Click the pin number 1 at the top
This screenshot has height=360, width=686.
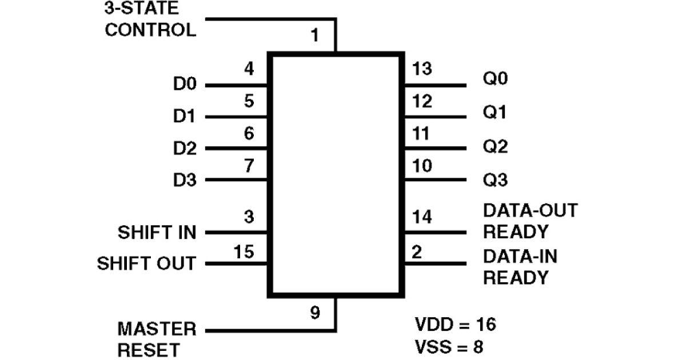point(314,37)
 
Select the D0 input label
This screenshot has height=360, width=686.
point(184,85)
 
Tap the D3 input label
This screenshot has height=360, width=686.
point(184,181)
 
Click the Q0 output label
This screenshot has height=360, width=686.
point(495,78)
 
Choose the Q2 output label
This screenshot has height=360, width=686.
point(495,148)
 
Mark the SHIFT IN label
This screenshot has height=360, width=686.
point(157,233)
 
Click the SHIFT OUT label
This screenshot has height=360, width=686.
point(146,264)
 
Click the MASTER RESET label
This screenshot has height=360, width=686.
point(157,339)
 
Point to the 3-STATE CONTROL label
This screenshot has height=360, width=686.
point(150,19)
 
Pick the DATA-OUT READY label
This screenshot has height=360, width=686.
point(530,221)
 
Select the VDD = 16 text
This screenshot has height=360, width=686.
point(455,325)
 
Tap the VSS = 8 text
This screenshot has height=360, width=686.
point(450,347)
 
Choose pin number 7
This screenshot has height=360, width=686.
point(248,166)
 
